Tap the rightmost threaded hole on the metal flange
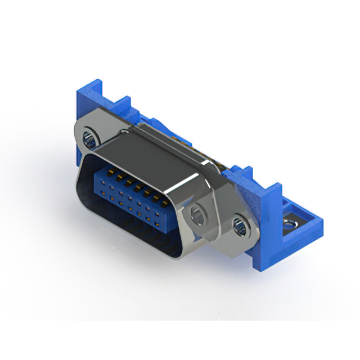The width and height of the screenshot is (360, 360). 238,227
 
